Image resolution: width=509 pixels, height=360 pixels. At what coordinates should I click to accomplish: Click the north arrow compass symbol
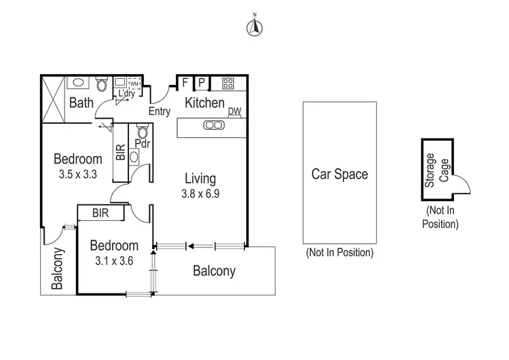254,26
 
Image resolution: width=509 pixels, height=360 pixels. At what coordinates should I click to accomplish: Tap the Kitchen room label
205,103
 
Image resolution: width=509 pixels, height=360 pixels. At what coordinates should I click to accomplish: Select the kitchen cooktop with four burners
229,84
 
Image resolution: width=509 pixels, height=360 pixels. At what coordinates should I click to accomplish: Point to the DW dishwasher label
234,112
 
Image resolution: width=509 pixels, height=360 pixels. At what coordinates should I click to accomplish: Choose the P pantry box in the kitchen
202,84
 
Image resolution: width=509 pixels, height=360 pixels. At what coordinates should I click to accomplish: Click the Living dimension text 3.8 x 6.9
200,193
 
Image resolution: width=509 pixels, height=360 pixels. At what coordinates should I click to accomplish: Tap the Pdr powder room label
143,144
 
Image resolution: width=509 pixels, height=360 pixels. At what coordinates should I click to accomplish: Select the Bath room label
81,104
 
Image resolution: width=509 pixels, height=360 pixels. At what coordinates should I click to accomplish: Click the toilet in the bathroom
102,84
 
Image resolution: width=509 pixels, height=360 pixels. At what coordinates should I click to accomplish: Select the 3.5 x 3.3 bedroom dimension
78,174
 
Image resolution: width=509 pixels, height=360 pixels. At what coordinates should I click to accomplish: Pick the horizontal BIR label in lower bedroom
101,213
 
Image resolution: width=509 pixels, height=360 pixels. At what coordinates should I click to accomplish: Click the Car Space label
339,174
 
